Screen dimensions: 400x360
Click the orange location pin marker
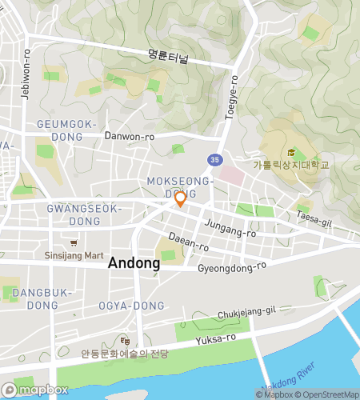coord(180,199)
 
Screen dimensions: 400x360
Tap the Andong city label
coord(134,262)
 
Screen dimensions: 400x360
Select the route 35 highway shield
coord(214,159)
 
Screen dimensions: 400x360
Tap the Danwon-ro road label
coord(130,136)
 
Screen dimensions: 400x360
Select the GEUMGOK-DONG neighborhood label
coord(66,130)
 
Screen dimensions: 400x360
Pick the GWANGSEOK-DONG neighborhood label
coord(83,214)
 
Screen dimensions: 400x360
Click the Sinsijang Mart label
coord(74,256)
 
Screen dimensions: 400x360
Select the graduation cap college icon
coord(291,153)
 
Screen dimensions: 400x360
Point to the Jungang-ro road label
coord(230,229)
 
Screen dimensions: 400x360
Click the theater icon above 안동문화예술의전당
coord(124,340)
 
